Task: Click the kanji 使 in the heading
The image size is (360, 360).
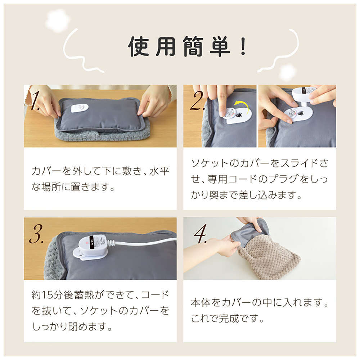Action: pyautogui.click(x=139, y=46)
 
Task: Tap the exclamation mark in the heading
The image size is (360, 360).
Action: pyautogui.click(x=243, y=46)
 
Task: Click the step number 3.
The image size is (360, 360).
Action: pyautogui.click(x=36, y=234)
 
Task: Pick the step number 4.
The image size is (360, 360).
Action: pyautogui.click(x=200, y=234)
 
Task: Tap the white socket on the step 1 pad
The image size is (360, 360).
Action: pyautogui.click(x=80, y=108)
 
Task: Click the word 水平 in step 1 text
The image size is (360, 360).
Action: pyautogui.click(x=159, y=171)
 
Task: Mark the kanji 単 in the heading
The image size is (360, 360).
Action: pyautogui.click(x=220, y=46)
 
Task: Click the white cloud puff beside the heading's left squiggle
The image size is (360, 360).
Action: pyautogui.click(x=57, y=20)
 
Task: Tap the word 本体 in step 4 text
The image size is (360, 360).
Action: pyautogui.click(x=201, y=303)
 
